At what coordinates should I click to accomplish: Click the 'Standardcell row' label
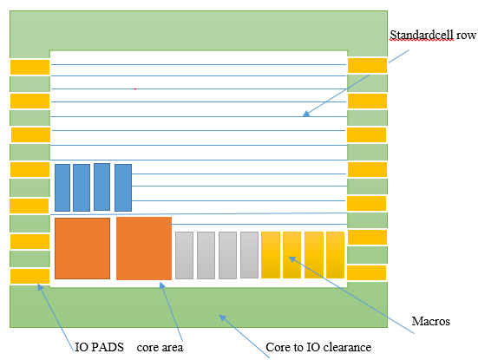431,36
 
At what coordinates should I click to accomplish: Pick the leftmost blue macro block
62,187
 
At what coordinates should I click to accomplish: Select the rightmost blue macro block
122,187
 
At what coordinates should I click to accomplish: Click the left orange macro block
82,248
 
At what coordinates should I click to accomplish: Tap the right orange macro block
143,248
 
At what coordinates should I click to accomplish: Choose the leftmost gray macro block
184,255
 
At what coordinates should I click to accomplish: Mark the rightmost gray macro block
249,255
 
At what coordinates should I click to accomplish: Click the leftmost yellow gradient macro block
271,255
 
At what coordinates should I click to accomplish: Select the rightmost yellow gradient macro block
336,255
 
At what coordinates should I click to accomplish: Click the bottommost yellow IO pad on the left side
29,277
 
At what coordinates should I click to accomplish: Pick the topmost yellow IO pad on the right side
367,66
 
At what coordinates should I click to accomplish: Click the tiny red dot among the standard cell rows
135,88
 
